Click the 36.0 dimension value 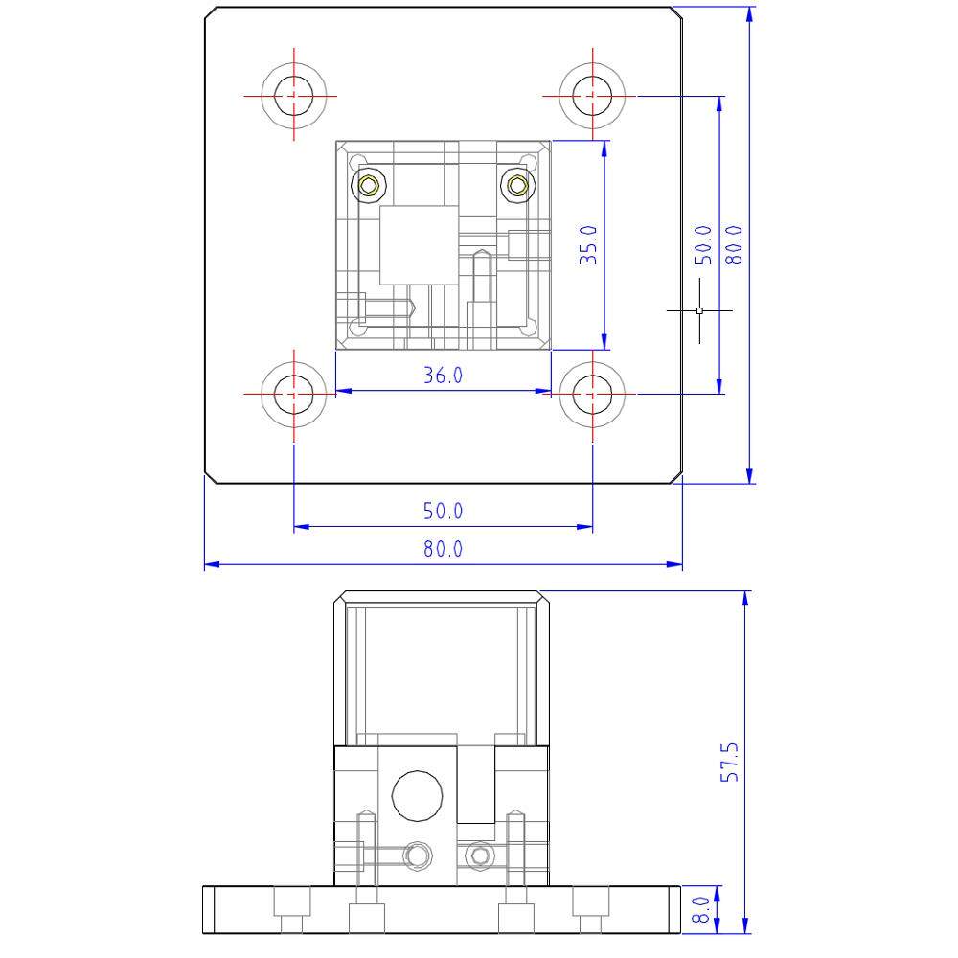(443, 376)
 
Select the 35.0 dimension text (588, 244)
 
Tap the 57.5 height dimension (729, 762)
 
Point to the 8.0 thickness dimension (700, 910)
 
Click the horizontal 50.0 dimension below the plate (443, 511)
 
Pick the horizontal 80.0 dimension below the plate (443, 549)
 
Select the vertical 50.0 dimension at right (703, 244)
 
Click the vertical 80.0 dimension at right (734, 244)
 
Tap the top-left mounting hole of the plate (294, 96)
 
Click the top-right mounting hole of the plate (592, 96)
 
